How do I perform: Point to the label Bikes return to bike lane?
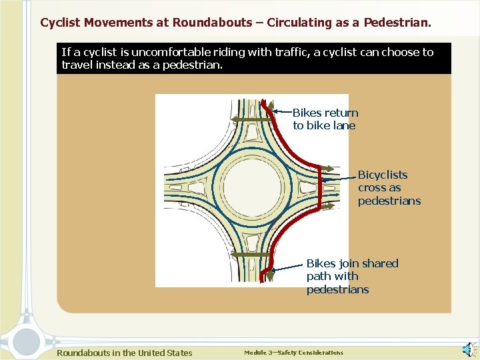(325, 119)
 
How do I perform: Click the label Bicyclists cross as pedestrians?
(389, 187)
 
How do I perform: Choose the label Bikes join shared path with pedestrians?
(351, 276)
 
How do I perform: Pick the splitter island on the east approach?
(308, 187)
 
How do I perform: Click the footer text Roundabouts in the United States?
(124, 353)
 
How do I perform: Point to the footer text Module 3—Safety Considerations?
(293, 353)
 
